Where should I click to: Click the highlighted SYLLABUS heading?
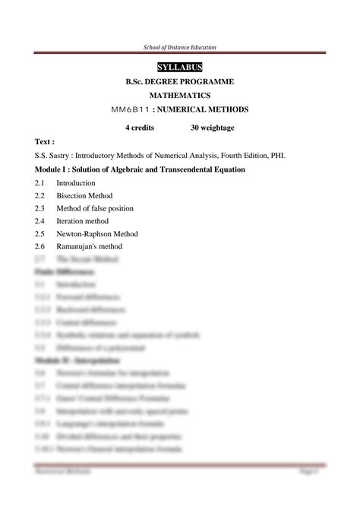pos(180,68)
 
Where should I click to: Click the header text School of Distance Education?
pos(180,48)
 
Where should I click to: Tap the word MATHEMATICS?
pos(180,96)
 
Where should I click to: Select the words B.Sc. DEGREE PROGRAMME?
pos(180,82)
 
